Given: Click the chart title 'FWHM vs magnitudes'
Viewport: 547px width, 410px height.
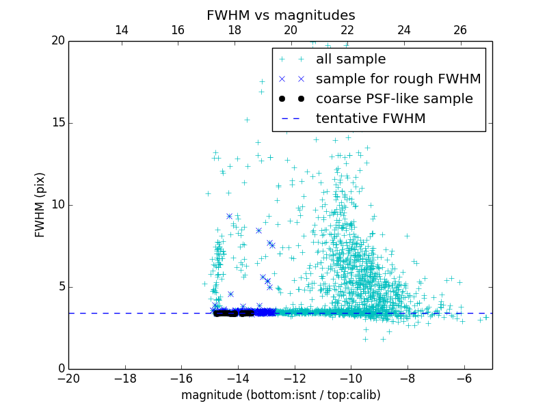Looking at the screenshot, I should [x=280, y=15].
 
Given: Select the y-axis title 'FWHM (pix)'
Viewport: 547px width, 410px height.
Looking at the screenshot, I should [x=40, y=204].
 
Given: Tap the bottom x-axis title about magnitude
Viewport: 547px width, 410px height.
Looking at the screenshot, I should [x=280, y=395].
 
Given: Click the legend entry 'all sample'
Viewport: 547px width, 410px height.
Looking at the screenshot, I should [x=351, y=59].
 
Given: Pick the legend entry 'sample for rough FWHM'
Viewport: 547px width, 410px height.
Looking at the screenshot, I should [x=398, y=79].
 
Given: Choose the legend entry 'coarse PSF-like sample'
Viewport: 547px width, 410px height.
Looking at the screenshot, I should [x=394, y=99].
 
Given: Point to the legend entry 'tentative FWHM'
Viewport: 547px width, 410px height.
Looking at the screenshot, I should [x=371, y=119].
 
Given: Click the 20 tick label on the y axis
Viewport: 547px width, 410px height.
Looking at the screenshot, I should [x=57, y=41].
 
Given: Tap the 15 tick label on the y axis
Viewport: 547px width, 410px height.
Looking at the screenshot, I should [x=57, y=123].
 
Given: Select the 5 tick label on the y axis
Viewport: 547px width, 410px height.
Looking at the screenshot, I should [x=60, y=286].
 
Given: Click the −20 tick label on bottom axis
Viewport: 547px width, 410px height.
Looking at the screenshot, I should [x=68, y=378].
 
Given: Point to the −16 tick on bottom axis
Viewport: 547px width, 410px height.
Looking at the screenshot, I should [x=181, y=378].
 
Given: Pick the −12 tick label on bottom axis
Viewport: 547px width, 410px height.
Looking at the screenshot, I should [x=295, y=378].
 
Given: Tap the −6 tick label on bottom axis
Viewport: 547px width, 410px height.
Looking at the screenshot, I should [x=464, y=378].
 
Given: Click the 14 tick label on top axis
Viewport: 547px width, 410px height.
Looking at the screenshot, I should [x=121, y=30].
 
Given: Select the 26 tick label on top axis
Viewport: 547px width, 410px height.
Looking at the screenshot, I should [x=460, y=30].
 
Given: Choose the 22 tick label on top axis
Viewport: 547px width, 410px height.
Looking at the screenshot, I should [x=347, y=30].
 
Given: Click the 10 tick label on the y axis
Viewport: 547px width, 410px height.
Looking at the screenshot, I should [x=57, y=205].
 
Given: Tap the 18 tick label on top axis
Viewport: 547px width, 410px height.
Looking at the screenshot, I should [x=234, y=30].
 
